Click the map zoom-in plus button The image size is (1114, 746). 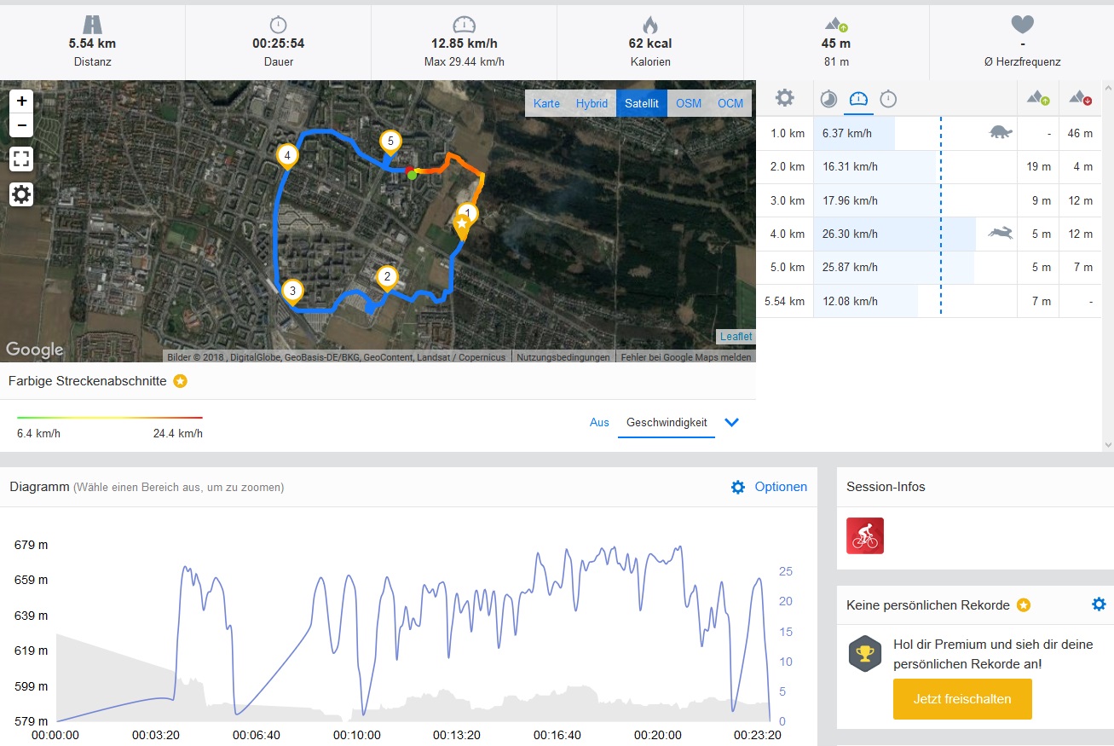click(21, 101)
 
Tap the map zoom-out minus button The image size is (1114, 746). click(21, 126)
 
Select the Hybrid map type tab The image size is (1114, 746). click(592, 103)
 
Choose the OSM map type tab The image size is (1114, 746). click(689, 103)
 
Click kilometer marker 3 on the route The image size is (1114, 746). click(292, 292)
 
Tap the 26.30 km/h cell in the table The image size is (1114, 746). click(850, 234)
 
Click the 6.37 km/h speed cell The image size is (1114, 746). click(847, 133)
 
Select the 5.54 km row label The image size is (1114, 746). click(784, 301)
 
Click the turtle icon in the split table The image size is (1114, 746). click(1000, 132)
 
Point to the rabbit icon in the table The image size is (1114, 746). click(1000, 233)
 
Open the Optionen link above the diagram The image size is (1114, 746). click(780, 487)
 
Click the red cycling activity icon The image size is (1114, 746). click(865, 535)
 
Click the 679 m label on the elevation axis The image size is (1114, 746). click(31, 545)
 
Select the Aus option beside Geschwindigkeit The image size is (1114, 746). click(599, 422)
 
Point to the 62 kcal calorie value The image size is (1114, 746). click(649, 43)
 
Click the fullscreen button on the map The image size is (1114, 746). click(21, 159)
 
